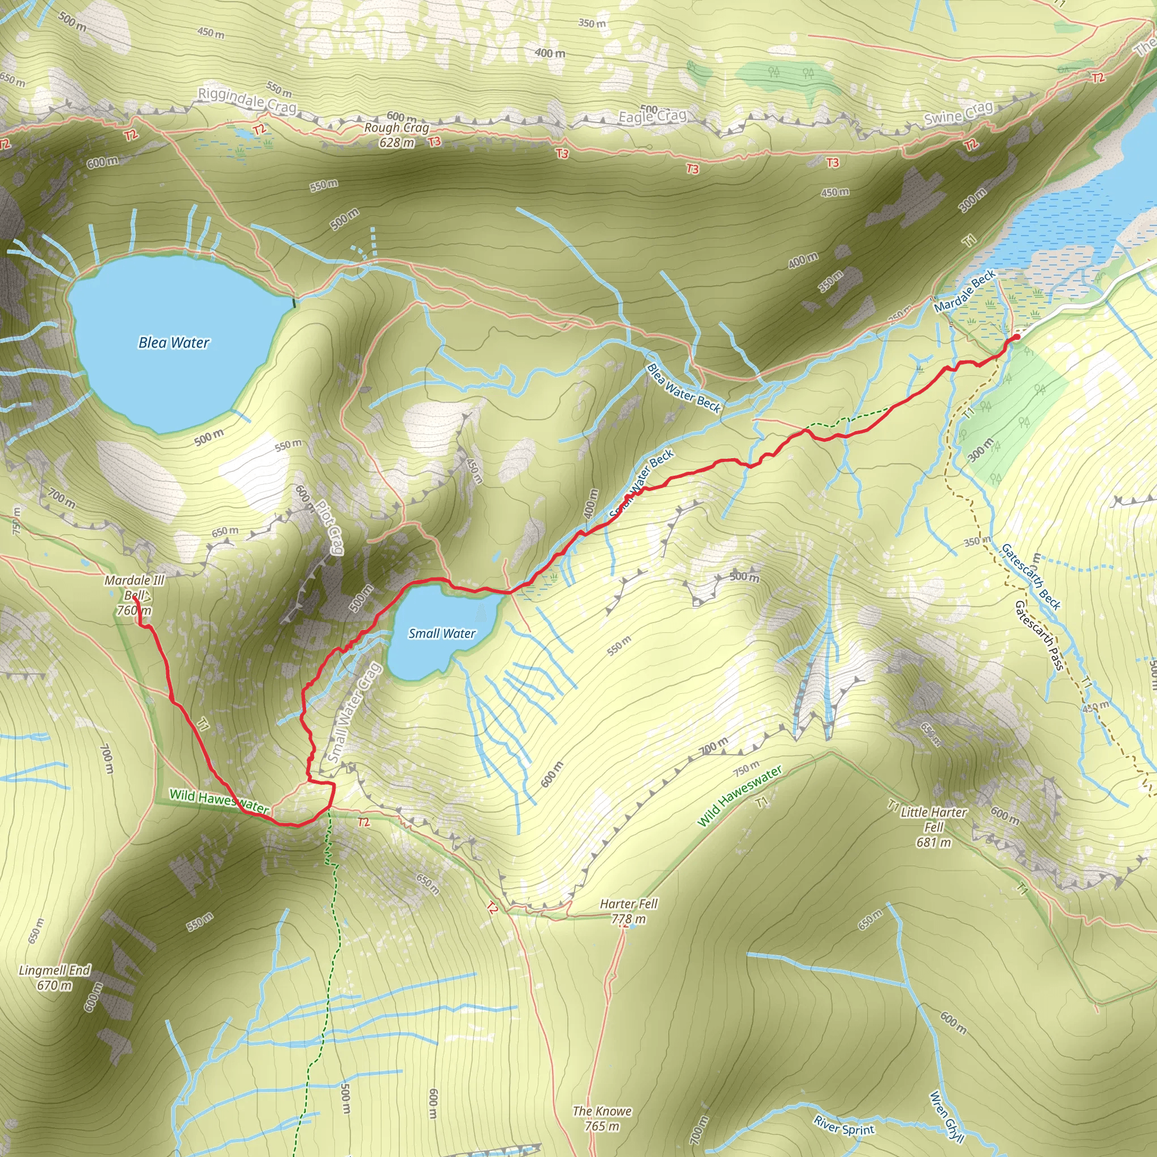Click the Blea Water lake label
173,342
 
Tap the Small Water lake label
442,634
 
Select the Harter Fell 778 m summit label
628,911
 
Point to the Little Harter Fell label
934,827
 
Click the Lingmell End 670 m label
54,977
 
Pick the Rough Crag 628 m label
397,135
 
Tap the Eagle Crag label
652,116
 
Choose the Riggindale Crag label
247,100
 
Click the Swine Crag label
958,113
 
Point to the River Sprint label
844,1125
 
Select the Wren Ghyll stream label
946,1117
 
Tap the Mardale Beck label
965,290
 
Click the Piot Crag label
329,527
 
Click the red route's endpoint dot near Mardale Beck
1016,337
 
